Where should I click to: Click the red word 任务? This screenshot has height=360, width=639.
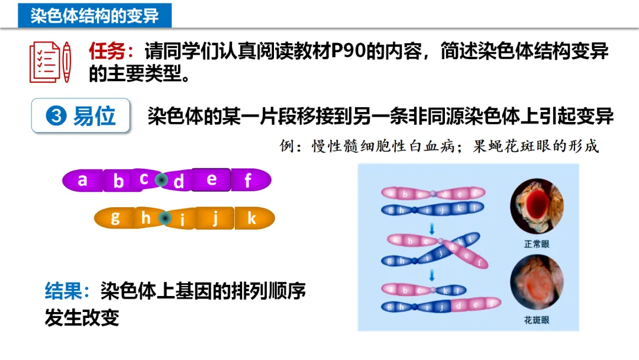[107, 52]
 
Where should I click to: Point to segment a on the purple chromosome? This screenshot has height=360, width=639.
[83, 179]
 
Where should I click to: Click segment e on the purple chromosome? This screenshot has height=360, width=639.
[211, 179]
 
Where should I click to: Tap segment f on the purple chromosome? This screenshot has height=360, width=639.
[248, 180]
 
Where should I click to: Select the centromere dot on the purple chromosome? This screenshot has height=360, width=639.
[161, 179]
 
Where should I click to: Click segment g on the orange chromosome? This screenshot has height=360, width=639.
[115, 218]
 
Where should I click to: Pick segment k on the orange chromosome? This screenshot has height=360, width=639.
[252, 218]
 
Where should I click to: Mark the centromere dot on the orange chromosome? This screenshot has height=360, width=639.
[165, 218]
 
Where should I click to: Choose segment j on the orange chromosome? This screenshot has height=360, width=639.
[215, 218]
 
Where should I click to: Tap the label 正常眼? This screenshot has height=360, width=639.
[537, 244]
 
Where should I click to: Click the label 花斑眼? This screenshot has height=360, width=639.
[537, 320]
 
